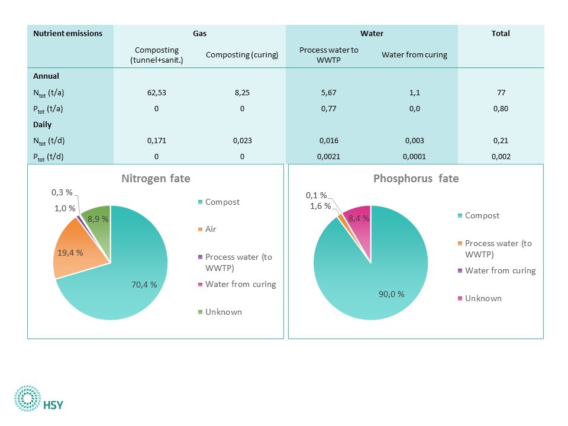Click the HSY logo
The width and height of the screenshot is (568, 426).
click(x=40, y=398)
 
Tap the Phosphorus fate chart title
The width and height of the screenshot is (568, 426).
click(x=416, y=178)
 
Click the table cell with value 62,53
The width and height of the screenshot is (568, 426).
click(x=157, y=92)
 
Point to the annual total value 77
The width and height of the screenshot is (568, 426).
click(x=501, y=92)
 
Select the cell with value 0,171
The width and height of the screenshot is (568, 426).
click(x=157, y=141)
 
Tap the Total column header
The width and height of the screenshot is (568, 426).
click(x=501, y=34)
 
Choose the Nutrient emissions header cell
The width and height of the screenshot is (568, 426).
click(x=68, y=34)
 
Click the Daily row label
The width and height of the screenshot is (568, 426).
click(x=42, y=125)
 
